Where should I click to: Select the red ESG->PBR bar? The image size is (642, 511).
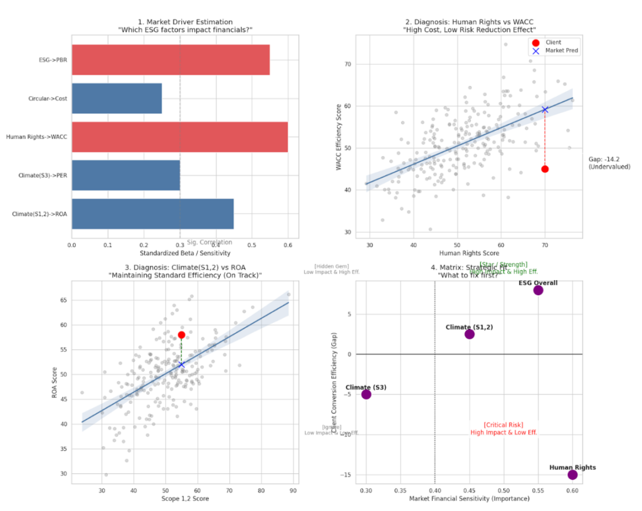click(171, 60)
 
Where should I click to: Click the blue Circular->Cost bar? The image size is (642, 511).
click(117, 98)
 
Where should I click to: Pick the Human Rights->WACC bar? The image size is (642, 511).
click(179, 137)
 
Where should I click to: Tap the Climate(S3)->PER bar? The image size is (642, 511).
click(125, 175)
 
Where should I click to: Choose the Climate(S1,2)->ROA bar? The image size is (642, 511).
click(152, 214)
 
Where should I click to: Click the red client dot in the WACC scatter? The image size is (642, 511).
click(545, 169)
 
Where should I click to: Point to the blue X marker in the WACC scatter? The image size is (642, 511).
click(545, 109)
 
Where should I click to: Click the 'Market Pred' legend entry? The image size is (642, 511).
click(562, 51)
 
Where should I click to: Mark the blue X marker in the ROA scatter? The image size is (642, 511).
click(181, 364)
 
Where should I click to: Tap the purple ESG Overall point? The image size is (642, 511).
click(538, 290)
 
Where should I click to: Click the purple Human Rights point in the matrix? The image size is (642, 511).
click(572, 475)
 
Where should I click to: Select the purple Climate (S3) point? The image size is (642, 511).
click(366, 394)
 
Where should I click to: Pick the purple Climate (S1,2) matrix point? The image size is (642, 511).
click(470, 334)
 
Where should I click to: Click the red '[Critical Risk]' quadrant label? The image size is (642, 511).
click(503, 424)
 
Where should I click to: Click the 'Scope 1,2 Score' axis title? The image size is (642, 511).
click(184, 498)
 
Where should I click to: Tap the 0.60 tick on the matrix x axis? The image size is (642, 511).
click(572, 489)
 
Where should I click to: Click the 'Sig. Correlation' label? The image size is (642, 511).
click(209, 242)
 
